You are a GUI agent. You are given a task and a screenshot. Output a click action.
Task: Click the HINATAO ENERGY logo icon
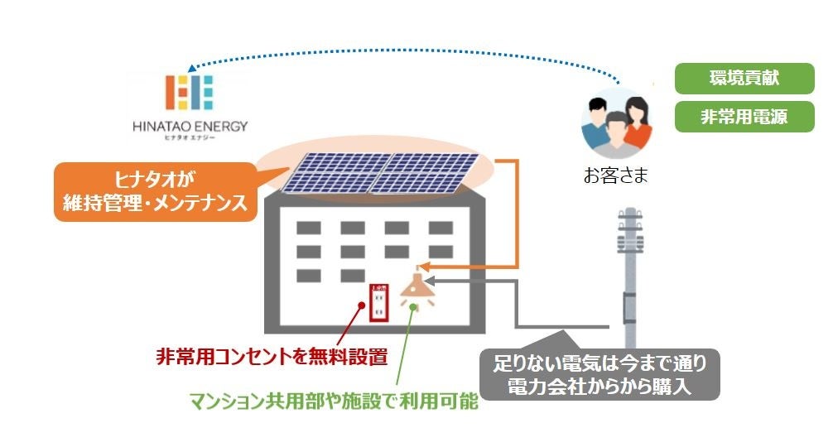click(189, 92)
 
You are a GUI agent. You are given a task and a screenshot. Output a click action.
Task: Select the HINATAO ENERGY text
click(190, 127)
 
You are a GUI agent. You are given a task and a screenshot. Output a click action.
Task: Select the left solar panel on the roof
click(327, 173)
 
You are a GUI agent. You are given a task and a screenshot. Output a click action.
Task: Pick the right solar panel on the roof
click(421, 173)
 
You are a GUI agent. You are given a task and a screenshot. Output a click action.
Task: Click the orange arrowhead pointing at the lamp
click(422, 267)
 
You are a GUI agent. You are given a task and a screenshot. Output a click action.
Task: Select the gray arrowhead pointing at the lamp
click(431, 281)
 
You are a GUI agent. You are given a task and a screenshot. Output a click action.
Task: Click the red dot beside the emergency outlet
click(362, 305)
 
